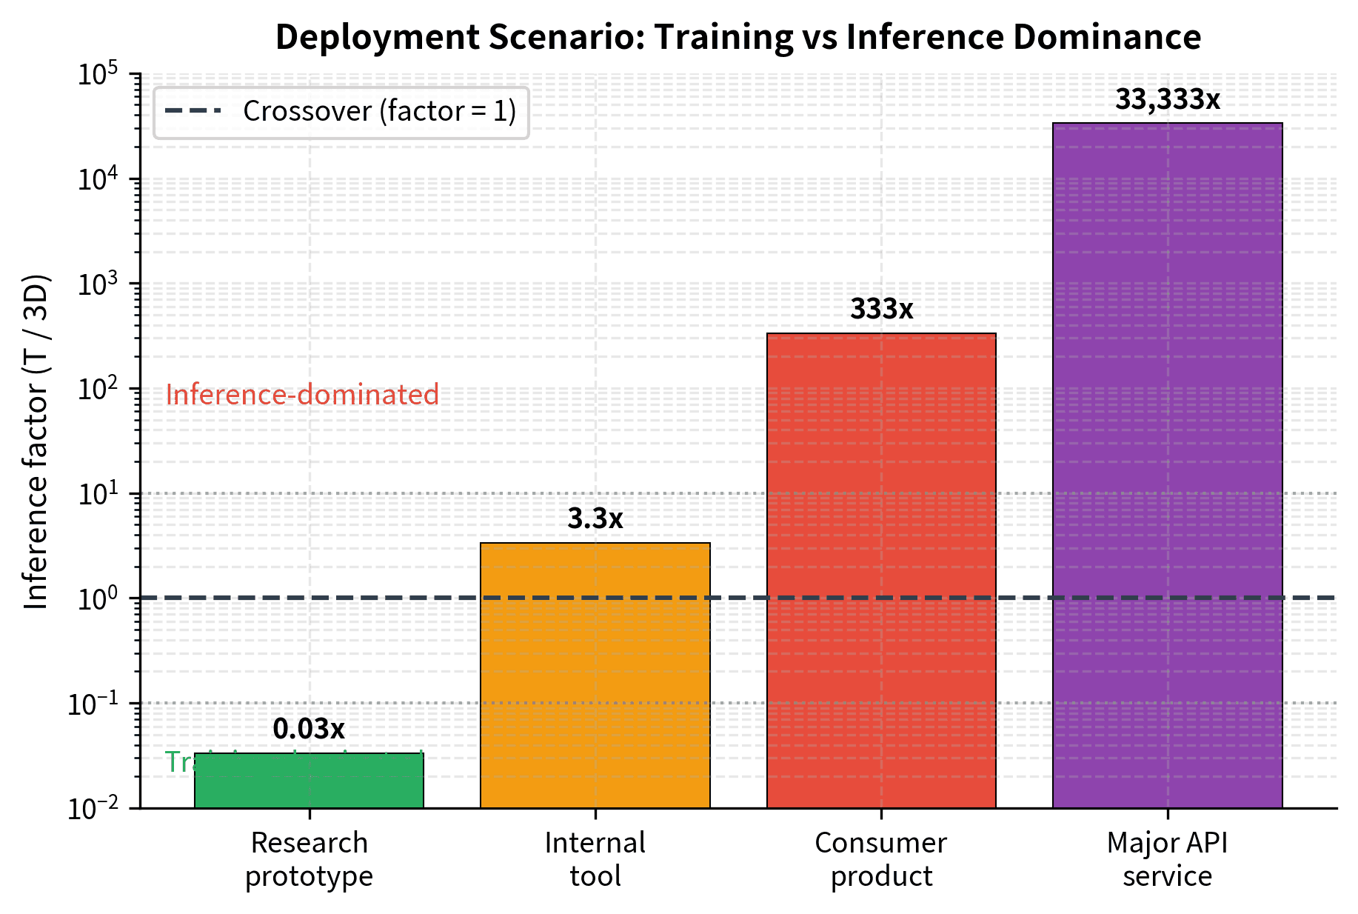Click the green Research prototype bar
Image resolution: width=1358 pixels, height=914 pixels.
[x=309, y=781]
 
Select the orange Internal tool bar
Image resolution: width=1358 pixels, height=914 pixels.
[x=595, y=675]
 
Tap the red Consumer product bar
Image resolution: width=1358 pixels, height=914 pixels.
[x=881, y=570]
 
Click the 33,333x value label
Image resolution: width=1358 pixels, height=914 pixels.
[x=1167, y=99]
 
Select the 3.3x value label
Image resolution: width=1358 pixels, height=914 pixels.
[x=595, y=519]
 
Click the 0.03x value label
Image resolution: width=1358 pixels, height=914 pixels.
[x=309, y=730]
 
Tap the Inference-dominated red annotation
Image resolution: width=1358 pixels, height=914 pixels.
[x=302, y=395]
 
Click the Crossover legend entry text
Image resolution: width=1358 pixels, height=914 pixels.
[x=379, y=111]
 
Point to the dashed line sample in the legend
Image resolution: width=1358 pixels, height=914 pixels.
[x=193, y=111]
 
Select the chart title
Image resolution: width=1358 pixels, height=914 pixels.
[x=737, y=37]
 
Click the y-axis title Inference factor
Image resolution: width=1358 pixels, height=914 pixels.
[x=36, y=441]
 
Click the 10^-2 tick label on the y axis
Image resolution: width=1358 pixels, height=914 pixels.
[x=93, y=808]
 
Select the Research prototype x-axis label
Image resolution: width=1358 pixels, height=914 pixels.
[x=309, y=859]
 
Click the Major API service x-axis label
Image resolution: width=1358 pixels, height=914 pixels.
[x=1167, y=859]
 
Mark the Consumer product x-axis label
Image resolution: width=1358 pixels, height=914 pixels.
[x=881, y=859]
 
